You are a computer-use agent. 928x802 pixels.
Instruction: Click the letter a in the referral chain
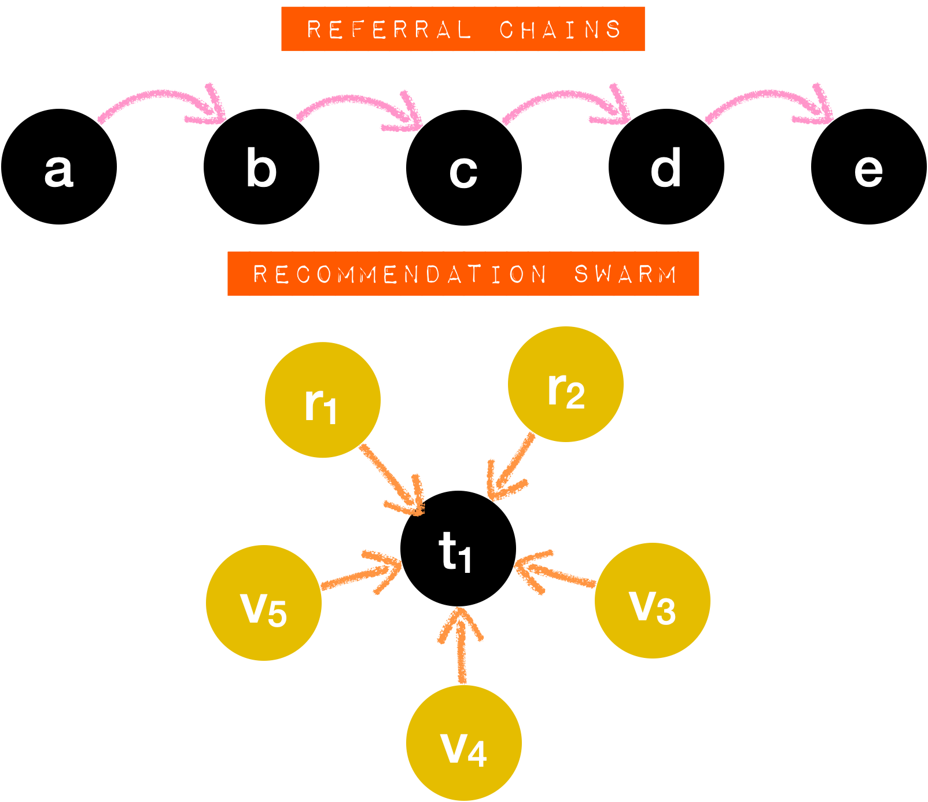click(x=59, y=170)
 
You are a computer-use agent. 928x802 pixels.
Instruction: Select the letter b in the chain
click(x=261, y=168)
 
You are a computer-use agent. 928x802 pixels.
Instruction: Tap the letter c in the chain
click(x=463, y=171)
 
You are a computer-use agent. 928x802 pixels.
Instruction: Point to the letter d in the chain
click(x=665, y=168)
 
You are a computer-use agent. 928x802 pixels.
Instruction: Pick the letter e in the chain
click(x=868, y=171)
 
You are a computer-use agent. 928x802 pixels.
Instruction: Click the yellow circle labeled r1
click(x=322, y=400)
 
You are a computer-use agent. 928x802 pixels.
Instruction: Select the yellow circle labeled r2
click(x=565, y=384)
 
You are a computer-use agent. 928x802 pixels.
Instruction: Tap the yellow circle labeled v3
click(x=653, y=601)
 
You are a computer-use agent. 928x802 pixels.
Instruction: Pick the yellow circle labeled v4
click(x=463, y=743)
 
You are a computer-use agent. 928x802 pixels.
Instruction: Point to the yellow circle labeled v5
click(x=264, y=603)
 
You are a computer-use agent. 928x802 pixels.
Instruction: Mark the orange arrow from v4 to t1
click(x=461, y=645)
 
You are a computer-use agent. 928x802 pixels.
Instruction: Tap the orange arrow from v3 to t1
click(x=555, y=573)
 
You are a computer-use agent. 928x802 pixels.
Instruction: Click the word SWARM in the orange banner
click(x=625, y=274)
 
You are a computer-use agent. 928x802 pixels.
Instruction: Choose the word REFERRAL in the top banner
click(x=389, y=29)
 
